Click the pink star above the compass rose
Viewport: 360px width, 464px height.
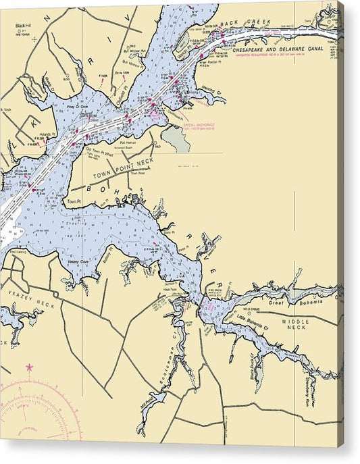[x=29, y=368]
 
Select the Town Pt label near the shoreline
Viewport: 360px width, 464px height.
[x=73, y=201]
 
